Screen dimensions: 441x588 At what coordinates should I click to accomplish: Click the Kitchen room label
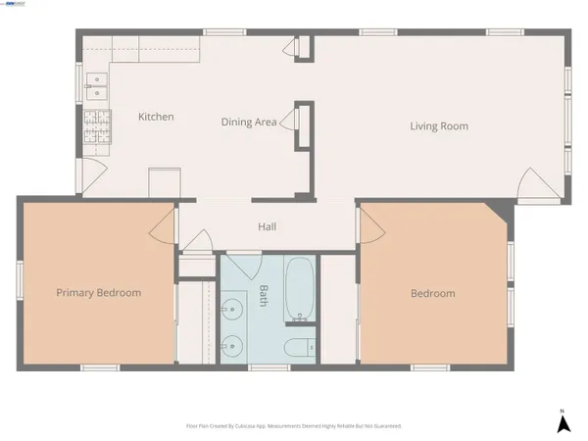(x=156, y=117)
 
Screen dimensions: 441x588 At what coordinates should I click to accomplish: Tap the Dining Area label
(x=249, y=122)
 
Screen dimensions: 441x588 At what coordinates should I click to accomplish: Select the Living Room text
(x=438, y=125)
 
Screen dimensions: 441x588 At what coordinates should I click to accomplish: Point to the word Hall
(x=267, y=227)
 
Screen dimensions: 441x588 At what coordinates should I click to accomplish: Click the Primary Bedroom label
(x=98, y=293)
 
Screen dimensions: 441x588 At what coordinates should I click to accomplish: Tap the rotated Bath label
(x=264, y=296)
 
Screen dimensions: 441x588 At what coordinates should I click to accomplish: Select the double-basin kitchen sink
(x=96, y=86)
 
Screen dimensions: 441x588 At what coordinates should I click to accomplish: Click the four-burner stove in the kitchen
(x=96, y=127)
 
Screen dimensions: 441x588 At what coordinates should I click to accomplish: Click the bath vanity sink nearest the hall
(x=232, y=313)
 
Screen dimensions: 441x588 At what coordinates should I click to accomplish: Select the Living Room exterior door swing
(x=531, y=186)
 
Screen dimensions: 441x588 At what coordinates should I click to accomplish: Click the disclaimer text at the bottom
(x=294, y=426)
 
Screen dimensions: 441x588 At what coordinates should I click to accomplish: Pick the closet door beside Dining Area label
(x=291, y=122)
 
